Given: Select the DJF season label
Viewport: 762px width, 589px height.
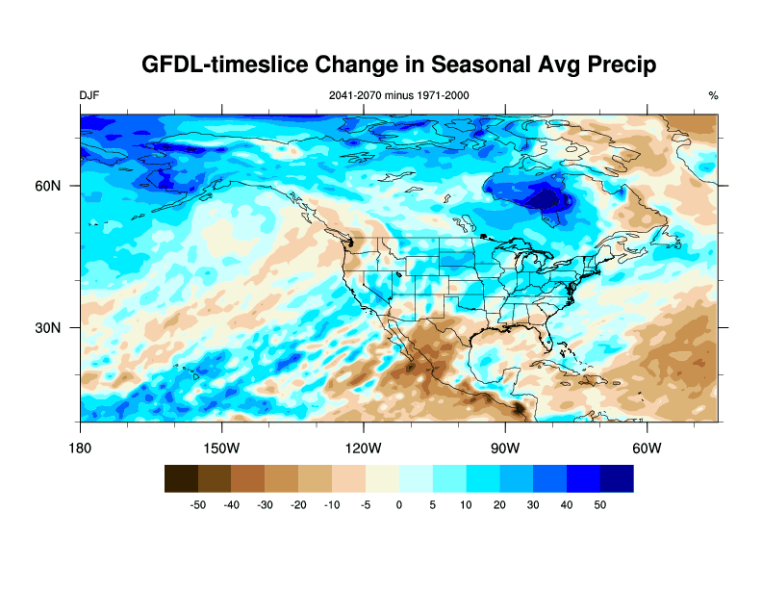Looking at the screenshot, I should point(89,95).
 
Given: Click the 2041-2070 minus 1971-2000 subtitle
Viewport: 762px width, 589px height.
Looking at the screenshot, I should point(399,95).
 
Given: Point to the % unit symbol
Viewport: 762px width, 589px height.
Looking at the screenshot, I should point(713,95).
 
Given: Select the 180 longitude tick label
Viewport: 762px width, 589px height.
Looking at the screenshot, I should point(80,448).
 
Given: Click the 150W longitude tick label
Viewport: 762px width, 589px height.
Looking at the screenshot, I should point(221,448).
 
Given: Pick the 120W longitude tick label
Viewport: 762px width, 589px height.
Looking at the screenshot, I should point(363,448).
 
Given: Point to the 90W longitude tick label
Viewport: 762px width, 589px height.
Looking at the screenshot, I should point(505,448).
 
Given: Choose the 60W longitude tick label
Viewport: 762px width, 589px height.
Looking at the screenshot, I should point(647,448).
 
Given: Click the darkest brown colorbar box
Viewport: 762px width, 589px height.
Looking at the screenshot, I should point(181,478).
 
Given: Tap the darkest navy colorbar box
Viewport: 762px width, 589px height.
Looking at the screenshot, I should point(617,478).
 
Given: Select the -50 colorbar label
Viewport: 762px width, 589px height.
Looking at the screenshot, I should point(198,504).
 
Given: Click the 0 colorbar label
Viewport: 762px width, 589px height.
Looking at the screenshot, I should point(399,504).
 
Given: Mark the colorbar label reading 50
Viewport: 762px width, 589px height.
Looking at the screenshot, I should point(600,504).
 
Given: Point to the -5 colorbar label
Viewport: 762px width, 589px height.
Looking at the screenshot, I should point(366,504).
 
